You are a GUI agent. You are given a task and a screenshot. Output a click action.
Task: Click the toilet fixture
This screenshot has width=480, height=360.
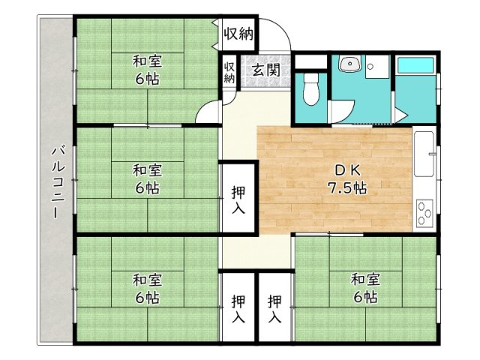311,89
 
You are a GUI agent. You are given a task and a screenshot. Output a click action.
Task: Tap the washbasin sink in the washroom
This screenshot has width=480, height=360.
349,64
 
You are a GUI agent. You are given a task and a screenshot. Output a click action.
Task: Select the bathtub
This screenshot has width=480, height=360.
415,65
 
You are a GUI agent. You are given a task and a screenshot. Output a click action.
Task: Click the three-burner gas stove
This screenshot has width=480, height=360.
424,213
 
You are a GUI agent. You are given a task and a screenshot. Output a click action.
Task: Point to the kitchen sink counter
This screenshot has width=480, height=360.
424,154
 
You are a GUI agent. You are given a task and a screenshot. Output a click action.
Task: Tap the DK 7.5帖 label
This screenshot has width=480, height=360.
347,179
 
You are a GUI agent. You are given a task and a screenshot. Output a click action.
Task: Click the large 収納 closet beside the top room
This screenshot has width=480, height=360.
238,34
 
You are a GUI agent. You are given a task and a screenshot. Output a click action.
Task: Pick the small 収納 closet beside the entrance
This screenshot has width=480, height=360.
229,72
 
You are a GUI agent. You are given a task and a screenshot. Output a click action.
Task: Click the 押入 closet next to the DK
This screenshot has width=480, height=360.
238,199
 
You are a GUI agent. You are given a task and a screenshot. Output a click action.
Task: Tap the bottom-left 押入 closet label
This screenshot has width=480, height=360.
238,308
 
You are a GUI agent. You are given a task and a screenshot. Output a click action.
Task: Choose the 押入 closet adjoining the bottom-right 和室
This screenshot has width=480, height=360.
274,308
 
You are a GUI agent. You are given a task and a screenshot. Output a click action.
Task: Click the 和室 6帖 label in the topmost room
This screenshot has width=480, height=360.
147,70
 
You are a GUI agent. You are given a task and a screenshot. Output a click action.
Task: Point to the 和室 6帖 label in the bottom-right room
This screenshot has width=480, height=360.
365,288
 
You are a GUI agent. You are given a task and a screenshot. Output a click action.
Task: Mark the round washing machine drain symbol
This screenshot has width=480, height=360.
370,66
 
